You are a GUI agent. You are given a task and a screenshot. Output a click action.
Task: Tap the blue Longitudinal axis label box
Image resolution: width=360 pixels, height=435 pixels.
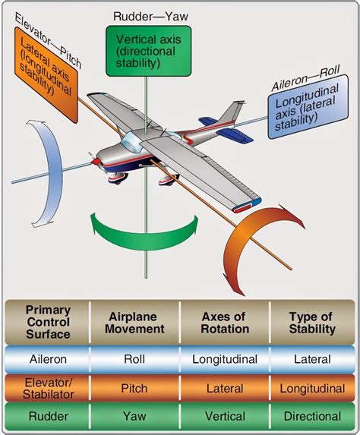coord(307,113)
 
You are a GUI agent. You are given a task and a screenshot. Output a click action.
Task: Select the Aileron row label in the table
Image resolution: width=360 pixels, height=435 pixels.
coord(47,359)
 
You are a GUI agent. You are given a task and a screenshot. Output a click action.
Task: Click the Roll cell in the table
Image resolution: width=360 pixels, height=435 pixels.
coord(134,359)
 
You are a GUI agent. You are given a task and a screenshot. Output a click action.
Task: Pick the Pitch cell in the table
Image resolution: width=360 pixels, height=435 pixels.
coord(134,388)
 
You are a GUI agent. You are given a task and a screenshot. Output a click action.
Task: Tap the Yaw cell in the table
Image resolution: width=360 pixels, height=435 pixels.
coord(134,416)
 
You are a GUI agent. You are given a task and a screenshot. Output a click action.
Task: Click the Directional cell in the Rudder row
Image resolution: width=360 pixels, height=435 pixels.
coord(312,416)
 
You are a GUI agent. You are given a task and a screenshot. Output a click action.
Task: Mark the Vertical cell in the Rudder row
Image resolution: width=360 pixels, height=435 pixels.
coord(225,416)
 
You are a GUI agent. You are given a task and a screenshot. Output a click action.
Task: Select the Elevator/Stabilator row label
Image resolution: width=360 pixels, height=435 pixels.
coord(47,388)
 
